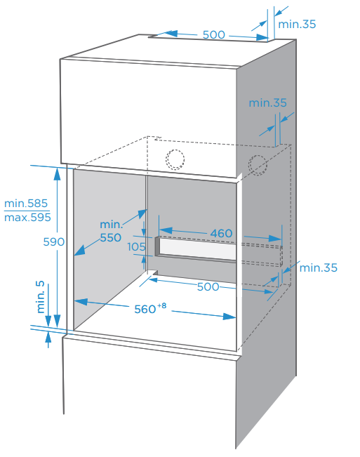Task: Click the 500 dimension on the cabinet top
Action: coord(214,34)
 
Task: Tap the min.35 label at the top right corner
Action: coord(297,24)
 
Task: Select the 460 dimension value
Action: coord(221,233)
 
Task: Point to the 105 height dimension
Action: coord(136,247)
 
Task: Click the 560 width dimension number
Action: coord(145,310)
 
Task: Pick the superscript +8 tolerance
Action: coord(161,305)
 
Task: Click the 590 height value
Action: coord(54,242)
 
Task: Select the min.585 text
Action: coord(26,204)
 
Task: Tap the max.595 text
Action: coord(27,218)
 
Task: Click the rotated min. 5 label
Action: coord(40,297)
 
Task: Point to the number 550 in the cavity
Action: coord(110,237)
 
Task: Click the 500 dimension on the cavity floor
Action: coord(208,287)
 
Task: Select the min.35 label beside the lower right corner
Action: coord(319,268)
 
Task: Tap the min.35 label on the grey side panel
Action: coord(267,103)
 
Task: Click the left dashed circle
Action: coord(175,160)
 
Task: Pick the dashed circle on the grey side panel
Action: coord(258,165)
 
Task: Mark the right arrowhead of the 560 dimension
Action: coord(229,316)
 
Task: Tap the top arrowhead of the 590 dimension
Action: coord(57,174)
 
